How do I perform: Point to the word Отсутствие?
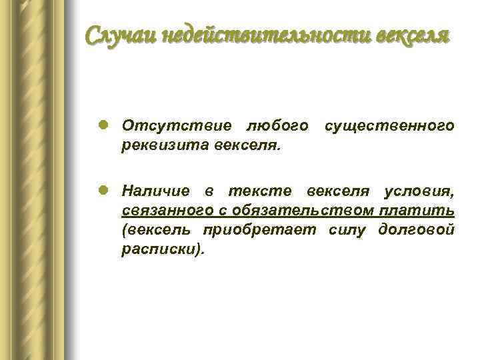[177, 126]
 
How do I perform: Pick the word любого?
[277, 126]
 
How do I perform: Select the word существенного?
[390, 126]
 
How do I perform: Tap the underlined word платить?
[418, 211]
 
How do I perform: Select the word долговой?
[417, 230]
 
